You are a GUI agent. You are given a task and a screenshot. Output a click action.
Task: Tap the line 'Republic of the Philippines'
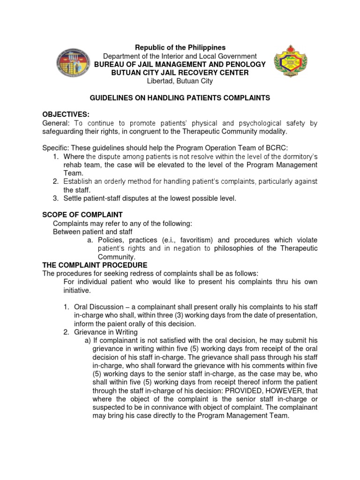[x=180, y=47]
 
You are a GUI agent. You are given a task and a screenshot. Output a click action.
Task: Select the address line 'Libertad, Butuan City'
[x=180, y=81]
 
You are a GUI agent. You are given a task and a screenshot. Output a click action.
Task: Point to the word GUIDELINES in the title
[x=110, y=98]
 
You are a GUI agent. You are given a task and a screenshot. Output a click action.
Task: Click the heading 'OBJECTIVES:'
[x=66, y=115]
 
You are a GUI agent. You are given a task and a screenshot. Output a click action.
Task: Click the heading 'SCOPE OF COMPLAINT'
[x=82, y=215]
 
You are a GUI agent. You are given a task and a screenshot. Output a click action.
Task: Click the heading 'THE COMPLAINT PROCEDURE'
[x=95, y=265]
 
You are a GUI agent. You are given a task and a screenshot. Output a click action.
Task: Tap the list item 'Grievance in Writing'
[x=106, y=332]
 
